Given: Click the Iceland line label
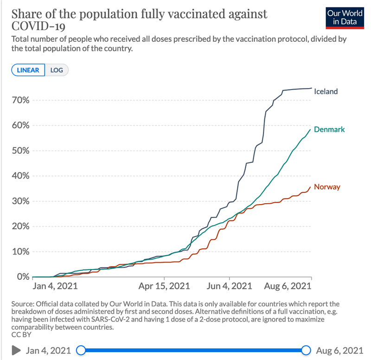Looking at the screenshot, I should click(x=326, y=91).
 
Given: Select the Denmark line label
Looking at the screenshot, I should click(x=329, y=129).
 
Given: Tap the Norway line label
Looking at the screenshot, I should click(x=327, y=187).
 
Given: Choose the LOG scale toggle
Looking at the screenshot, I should click(x=57, y=70).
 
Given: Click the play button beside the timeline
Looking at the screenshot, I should click(x=16, y=349).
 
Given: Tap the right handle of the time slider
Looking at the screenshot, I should click(x=306, y=349).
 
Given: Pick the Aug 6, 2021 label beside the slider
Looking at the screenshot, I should click(x=339, y=349).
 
